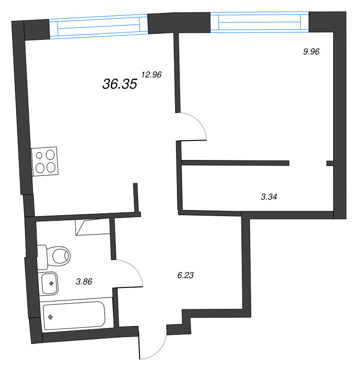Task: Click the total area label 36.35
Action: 120,83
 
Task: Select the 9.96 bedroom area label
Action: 311,52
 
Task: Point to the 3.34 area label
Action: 269,197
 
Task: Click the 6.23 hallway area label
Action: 185,275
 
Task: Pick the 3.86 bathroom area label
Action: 84,281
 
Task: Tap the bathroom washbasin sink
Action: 49,283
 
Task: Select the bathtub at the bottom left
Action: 74,316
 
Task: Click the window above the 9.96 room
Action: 259,22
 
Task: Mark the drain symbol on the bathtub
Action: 51,317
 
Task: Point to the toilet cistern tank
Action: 42,256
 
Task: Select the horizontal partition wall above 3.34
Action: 235,163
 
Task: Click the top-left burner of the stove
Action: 39,156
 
